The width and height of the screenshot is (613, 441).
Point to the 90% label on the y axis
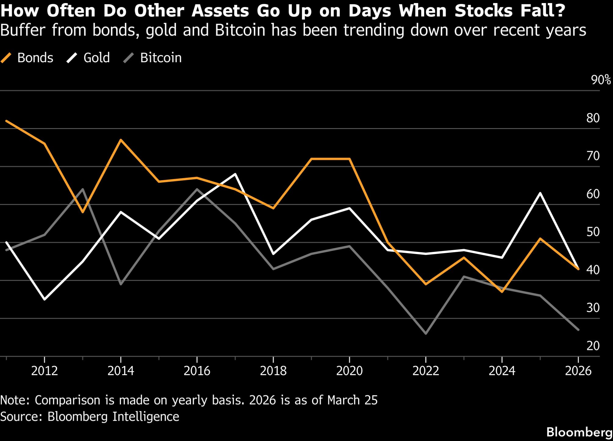601,80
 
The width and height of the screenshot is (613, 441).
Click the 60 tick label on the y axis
593,194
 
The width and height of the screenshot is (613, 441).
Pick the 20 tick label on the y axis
593,346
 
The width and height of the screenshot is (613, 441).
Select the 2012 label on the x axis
44,371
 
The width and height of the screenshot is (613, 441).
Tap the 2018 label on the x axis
273,371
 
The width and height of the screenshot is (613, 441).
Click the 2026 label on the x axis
578,371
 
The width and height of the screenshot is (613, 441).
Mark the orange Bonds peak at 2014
121,140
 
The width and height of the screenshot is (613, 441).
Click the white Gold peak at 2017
235,174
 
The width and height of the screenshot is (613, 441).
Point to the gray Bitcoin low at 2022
426,333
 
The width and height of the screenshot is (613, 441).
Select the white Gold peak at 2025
540,193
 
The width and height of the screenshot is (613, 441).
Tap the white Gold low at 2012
45,299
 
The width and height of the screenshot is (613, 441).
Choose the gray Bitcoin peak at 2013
83,189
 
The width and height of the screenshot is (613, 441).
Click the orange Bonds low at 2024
502,292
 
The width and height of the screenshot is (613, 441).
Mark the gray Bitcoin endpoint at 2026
578,330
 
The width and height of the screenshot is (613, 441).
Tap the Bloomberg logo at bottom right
579,432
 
